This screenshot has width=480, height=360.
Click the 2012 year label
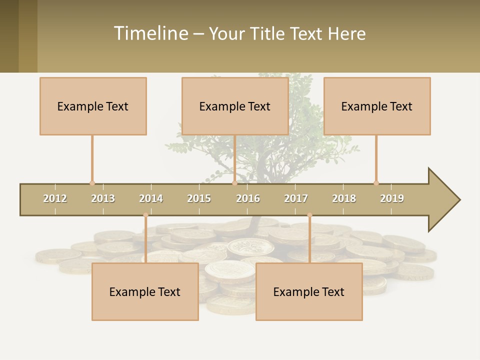click(55, 198)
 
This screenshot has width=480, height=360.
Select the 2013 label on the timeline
click(103, 198)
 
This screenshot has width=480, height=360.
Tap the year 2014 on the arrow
click(151, 198)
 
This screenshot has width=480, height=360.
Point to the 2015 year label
click(199, 198)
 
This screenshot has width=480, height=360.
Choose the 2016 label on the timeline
click(248, 198)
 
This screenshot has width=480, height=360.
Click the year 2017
click(296, 198)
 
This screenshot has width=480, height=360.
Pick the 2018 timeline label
click(344, 198)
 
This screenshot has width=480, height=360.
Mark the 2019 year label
click(392, 198)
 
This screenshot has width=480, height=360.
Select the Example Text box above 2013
click(93, 106)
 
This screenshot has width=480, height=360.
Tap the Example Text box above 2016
click(235, 106)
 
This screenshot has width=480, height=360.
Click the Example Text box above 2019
click(377, 106)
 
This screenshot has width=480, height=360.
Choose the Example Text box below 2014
click(145, 291)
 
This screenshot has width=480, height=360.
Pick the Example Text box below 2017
click(309, 291)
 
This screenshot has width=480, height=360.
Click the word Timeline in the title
click(150, 33)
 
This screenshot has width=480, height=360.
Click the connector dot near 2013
click(92, 183)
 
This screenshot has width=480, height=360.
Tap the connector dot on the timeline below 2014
click(145, 215)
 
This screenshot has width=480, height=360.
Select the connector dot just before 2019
click(376, 183)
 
